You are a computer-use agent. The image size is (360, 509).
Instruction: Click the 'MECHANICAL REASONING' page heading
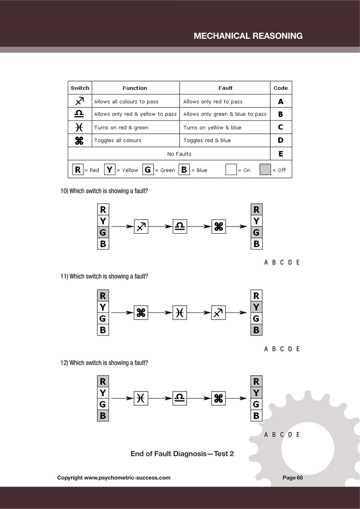click(248, 36)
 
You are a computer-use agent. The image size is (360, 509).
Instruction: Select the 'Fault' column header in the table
click(225, 88)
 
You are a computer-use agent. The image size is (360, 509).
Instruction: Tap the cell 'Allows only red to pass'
click(213, 102)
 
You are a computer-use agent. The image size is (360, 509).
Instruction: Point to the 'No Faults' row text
click(179, 154)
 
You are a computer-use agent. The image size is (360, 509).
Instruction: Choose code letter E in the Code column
click(281, 154)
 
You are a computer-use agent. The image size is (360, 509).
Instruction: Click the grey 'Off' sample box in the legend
click(265, 170)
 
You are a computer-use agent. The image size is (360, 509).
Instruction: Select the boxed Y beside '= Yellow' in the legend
click(110, 170)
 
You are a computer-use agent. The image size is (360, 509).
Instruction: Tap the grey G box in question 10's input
click(103, 232)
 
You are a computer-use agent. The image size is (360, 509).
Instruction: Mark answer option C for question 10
click(282, 262)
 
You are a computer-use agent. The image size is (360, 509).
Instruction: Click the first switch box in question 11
click(141, 313)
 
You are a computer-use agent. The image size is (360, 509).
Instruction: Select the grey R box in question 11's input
click(103, 296)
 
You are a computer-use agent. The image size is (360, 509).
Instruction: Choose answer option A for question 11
click(266, 349)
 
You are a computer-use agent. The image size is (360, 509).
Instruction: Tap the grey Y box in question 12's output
click(256, 393)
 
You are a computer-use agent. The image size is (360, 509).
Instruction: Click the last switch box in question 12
click(218, 398)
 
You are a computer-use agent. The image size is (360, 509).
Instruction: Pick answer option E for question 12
click(298, 435)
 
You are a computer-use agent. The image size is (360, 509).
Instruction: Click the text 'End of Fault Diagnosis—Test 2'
click(182, 453)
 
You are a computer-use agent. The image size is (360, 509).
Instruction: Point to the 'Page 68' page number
click(292, 478)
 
